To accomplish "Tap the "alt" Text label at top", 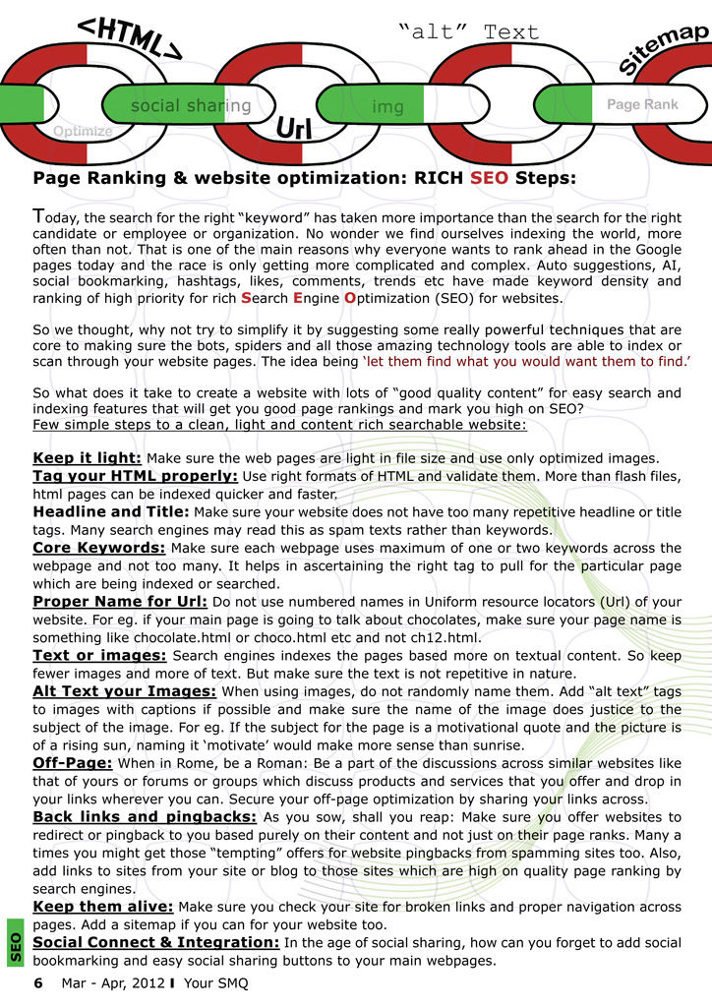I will click(x=469, y=30).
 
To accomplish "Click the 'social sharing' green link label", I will click(x=191, y=105).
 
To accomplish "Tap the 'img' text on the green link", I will click(x=388, y=106).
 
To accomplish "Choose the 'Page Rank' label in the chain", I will click(x=642, y=104).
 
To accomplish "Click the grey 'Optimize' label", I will click(x=83, y=131).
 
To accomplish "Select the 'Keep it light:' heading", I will click(x=88, y=458).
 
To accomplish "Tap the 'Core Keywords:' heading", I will click(x=99, y=548).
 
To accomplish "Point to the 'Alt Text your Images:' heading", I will click(x=125, y=691).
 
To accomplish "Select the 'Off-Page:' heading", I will click(x=74, y=762).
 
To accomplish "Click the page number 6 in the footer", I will click(x=38, y=983).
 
